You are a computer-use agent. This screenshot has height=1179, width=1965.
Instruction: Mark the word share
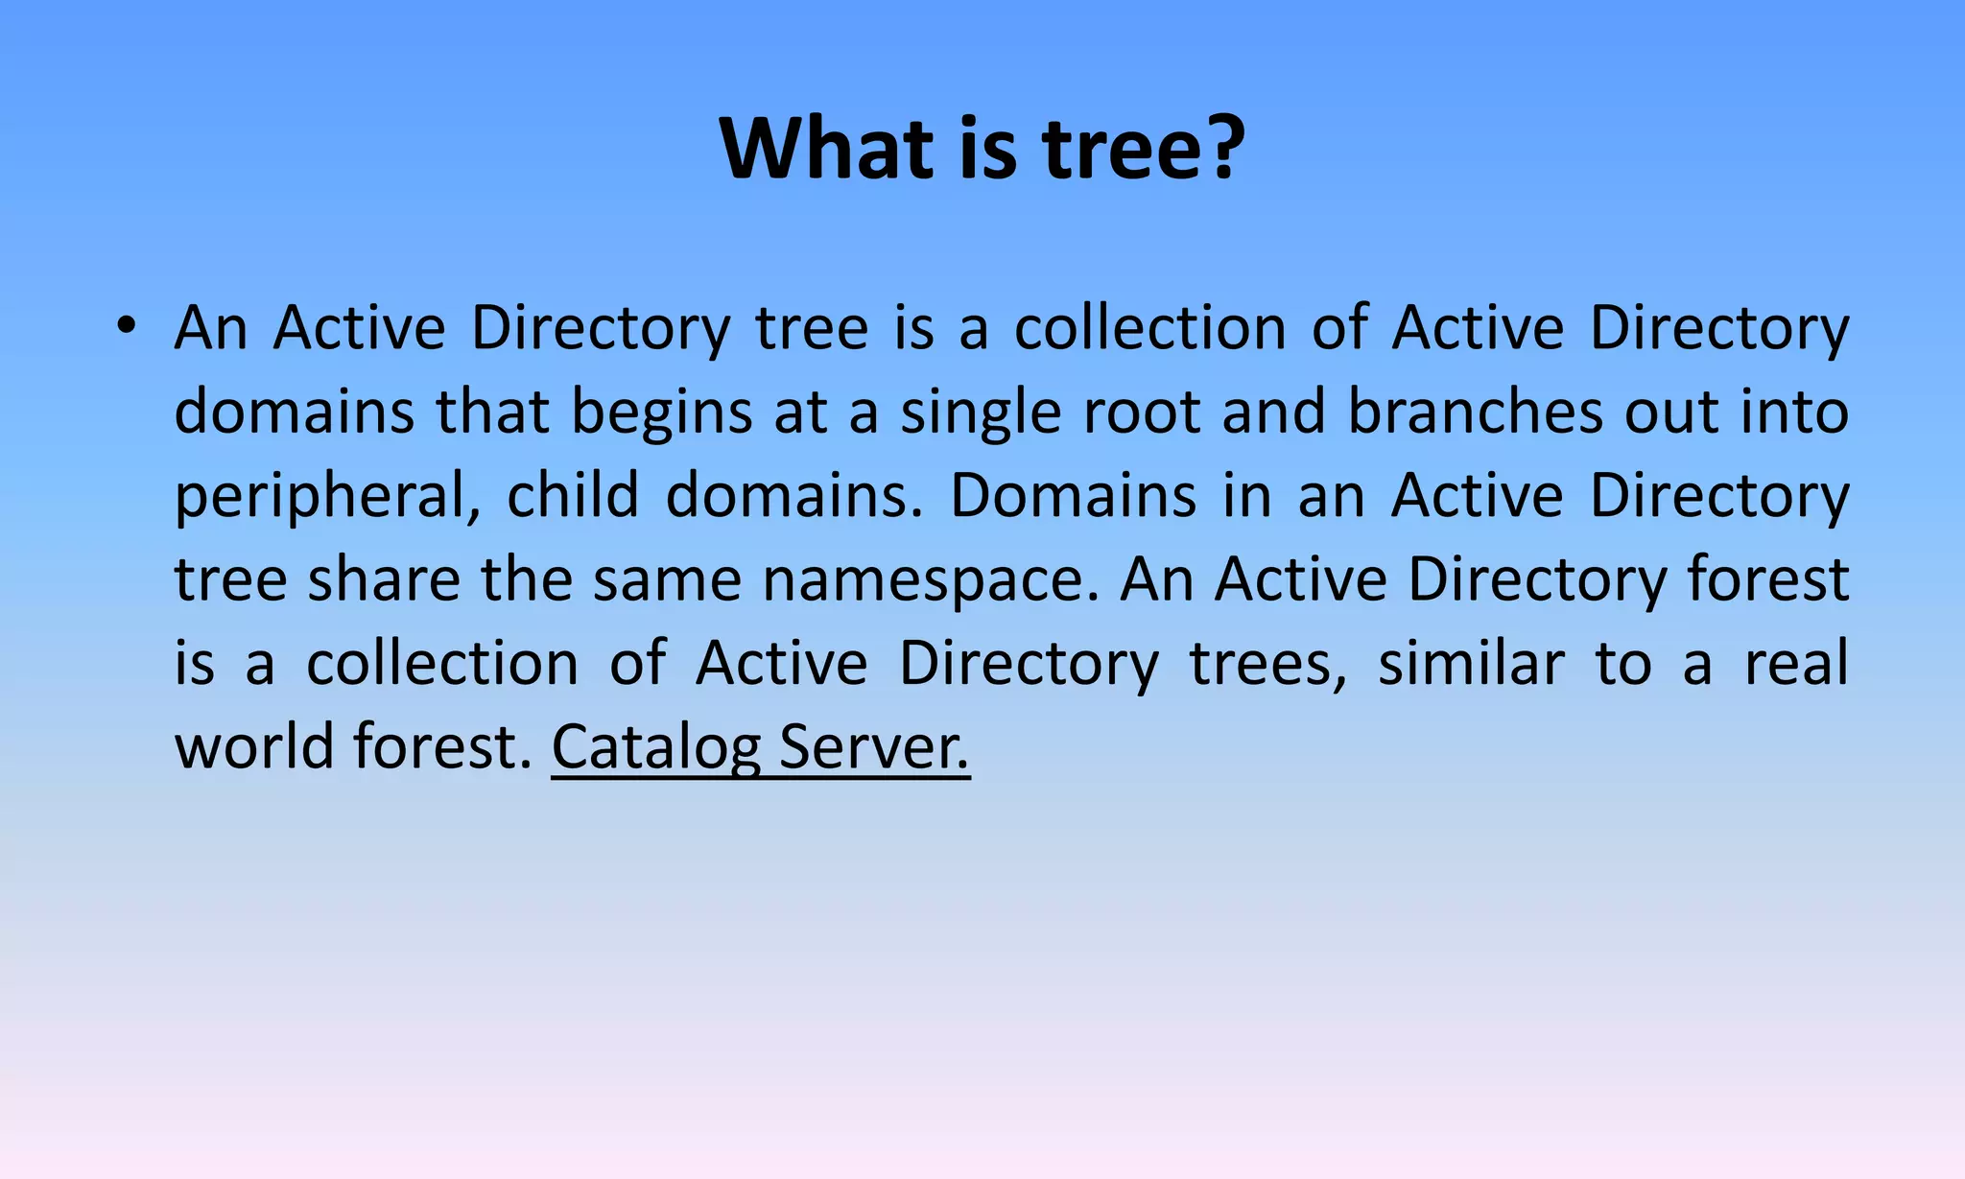(x=384, y=579)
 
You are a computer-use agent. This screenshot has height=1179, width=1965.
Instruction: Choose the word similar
(x=1472, y=663)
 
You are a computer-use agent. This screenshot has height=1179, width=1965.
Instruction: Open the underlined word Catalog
(x=656, y=747)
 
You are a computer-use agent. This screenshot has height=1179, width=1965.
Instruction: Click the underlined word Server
(x=873, y=746)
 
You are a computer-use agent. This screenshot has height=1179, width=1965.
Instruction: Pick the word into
(x=1795, y=413)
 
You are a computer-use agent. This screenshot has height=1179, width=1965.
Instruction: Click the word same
(x=667, y=579)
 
